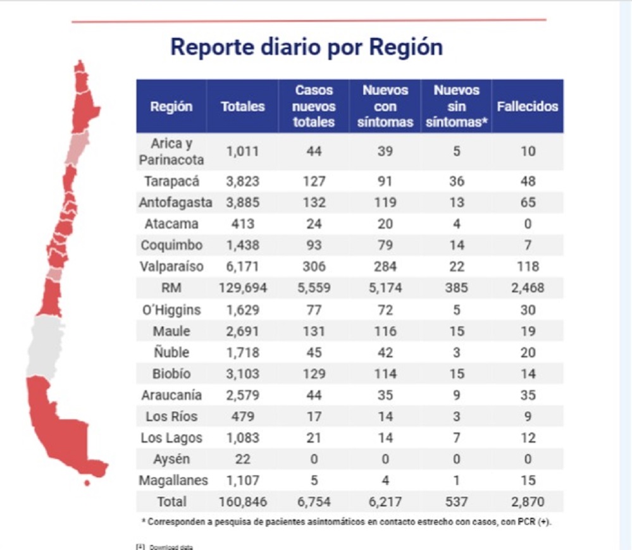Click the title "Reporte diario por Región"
(x=306, y=48)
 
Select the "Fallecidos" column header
(x=527, y=106)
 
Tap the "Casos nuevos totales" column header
(x=314, y=106)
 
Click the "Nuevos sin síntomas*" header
(x=456, y=106)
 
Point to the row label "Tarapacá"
(x=171, y=181)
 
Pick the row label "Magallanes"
(x=173, y=480)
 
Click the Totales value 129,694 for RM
(x=243, y=288)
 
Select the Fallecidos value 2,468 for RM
(x=528, y=288)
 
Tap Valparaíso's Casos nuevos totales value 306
(x=314, y=267)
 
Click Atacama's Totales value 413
(x=243, y=224)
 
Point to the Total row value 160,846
(x=243, y=502)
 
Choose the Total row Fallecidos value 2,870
(x=528, y=502)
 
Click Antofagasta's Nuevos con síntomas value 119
(x=385, y=203)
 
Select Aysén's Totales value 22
(x=243, y=460)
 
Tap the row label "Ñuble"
(x=171, y=353)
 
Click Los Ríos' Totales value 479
(x=243, y=417)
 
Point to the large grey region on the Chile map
(x=46, y=346)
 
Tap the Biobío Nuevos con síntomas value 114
(x=385, y=374)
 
